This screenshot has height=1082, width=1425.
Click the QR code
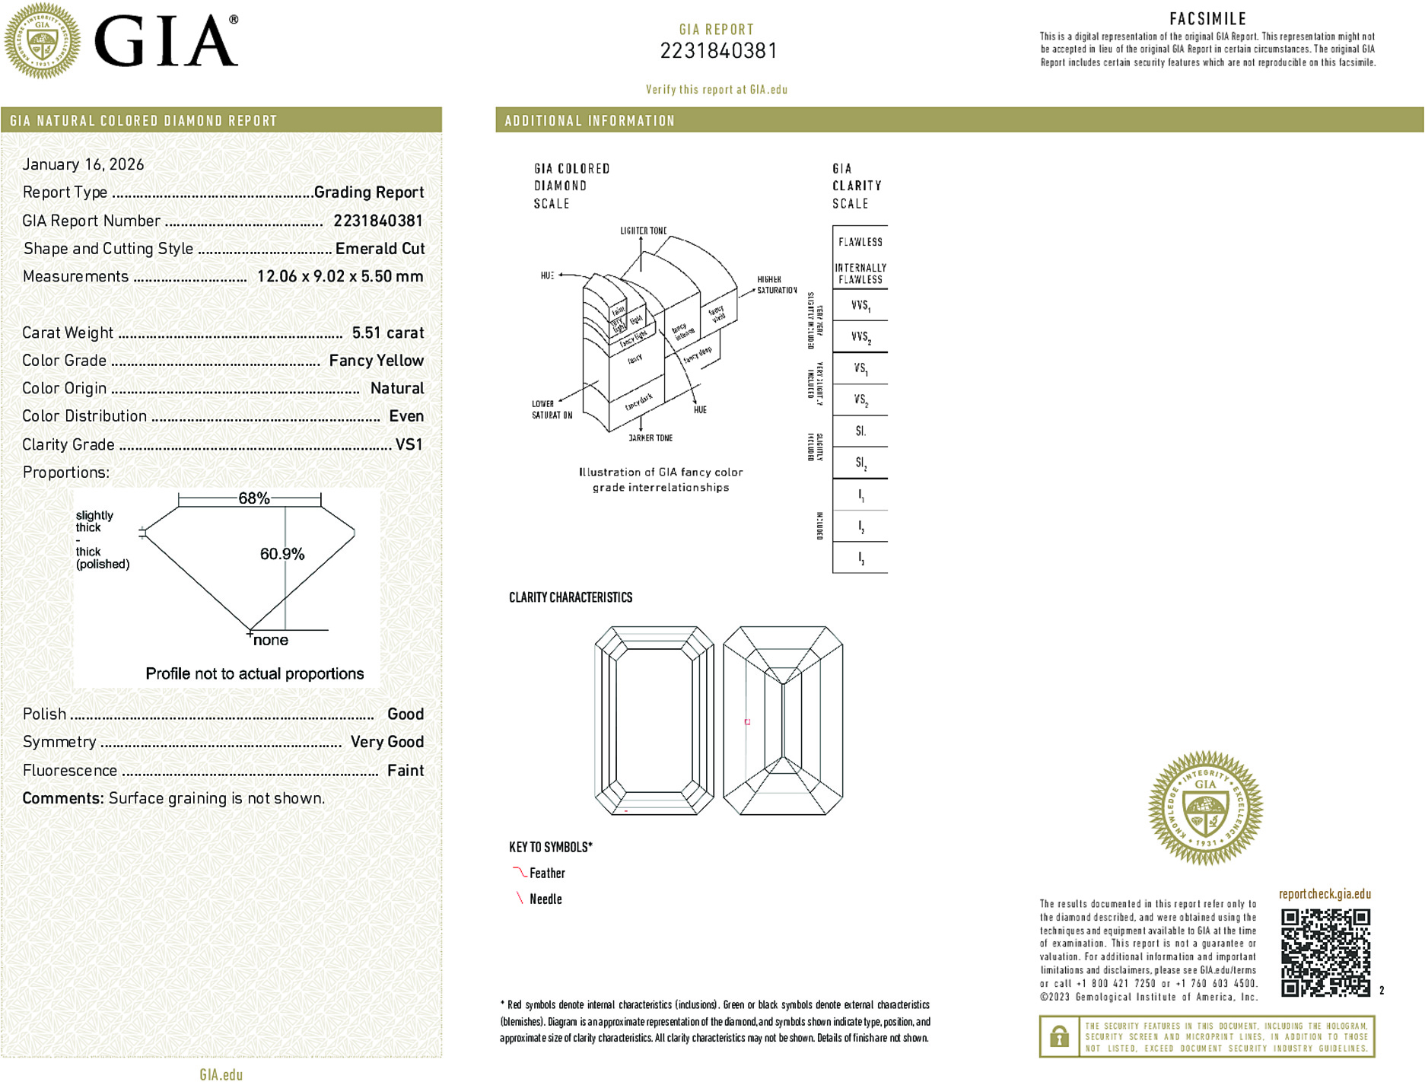(x=1325, y=952)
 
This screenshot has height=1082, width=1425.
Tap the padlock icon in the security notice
(x=1059, y=1036)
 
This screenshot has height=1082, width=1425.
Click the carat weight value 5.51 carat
(x=387, y=333)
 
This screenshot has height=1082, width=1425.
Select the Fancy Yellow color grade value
(x=376, y=361)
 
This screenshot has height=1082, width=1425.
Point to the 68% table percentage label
(x=253, y=498)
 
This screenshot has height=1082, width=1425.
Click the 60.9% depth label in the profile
(x=282, y=554)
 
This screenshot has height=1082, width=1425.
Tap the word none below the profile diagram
(x=271, y=641)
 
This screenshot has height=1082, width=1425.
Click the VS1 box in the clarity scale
(x=860, y=368)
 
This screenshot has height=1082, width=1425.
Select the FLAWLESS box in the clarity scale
(x=860, y=242)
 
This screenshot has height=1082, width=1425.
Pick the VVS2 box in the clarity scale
(x=860, y=336)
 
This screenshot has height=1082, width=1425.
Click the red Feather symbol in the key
(x=519, y=872)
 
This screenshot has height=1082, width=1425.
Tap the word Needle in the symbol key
(x=546, y=899)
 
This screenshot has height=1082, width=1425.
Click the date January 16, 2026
(x=83, y=164)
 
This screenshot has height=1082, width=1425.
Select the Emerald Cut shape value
(x=380, y=249)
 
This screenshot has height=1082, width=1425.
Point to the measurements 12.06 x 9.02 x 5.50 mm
(x=339, y=276)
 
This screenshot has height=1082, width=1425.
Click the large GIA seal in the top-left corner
(x=43, y=40)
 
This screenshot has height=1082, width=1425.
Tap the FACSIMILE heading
(x=1207, y=19)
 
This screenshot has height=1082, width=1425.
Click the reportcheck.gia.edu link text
(x=1325, y=894)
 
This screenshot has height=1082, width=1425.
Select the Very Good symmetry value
(x=386, y=742)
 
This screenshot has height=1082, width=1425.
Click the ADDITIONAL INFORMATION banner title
(x=590, y=121)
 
